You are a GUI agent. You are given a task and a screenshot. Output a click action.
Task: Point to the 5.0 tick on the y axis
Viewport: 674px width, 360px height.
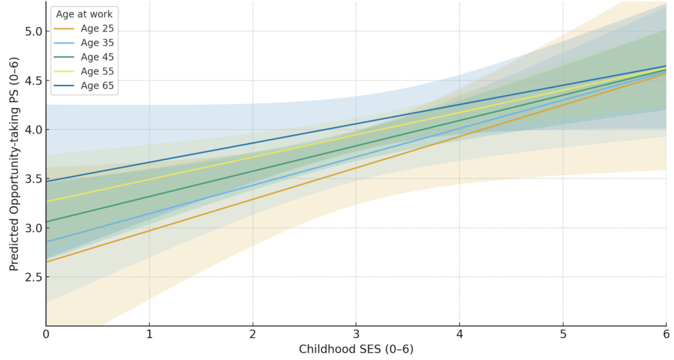pos(33,32)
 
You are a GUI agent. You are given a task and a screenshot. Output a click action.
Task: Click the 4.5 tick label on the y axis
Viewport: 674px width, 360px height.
pos(33,81)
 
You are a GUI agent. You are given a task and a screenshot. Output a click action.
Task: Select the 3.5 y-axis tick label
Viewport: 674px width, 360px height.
pos(33,179)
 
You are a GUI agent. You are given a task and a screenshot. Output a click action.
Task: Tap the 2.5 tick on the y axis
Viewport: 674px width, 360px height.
pos(33,277)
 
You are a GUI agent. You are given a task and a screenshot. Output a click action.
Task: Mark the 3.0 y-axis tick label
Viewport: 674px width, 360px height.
pos(33,228)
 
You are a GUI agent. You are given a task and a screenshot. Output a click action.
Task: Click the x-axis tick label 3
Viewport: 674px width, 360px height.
pos(356,335)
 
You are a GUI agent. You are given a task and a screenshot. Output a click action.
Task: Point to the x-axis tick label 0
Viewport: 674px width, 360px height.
pos(46,335)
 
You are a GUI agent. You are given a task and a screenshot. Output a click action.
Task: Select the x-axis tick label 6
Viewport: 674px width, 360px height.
pos(666,335)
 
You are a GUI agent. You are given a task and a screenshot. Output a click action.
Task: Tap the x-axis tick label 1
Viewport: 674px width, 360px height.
pos(149,335)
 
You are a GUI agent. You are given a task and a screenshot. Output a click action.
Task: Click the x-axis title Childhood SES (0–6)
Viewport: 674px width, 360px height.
pos(356,349)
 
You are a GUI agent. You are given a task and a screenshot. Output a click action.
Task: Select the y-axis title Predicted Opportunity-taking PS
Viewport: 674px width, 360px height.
pos(14,163)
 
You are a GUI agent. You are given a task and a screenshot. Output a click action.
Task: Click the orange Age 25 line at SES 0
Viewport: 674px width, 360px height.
pos(47,261)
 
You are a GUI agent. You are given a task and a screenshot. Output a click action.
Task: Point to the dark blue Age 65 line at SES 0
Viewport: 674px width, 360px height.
pos(47,181)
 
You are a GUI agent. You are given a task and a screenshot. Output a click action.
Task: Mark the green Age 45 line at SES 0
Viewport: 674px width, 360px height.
pos(47,221)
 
